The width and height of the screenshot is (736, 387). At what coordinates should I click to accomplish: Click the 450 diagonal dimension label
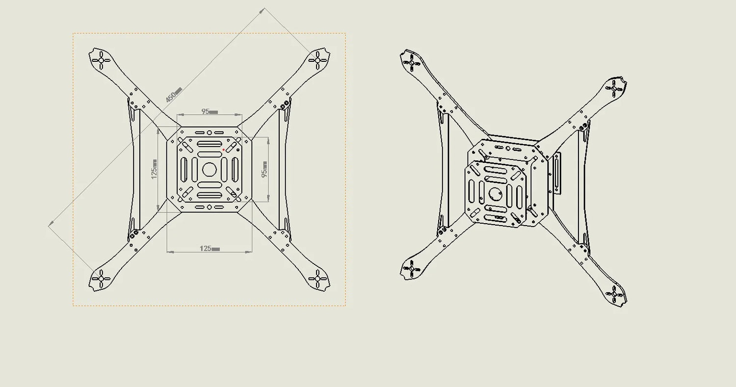click(x=173, y=94)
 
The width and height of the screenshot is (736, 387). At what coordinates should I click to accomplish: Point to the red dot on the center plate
click(x=224, y=150)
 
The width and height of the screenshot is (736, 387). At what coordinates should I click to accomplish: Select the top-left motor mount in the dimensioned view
click(x=101, y=60)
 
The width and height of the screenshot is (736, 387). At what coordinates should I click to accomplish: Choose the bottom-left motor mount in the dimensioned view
click(x=101, y=278)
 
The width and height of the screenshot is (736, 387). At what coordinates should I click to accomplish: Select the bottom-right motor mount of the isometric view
click(x=615, y=294)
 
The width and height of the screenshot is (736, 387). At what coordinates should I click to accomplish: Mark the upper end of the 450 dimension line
click(x=265, y=8)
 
